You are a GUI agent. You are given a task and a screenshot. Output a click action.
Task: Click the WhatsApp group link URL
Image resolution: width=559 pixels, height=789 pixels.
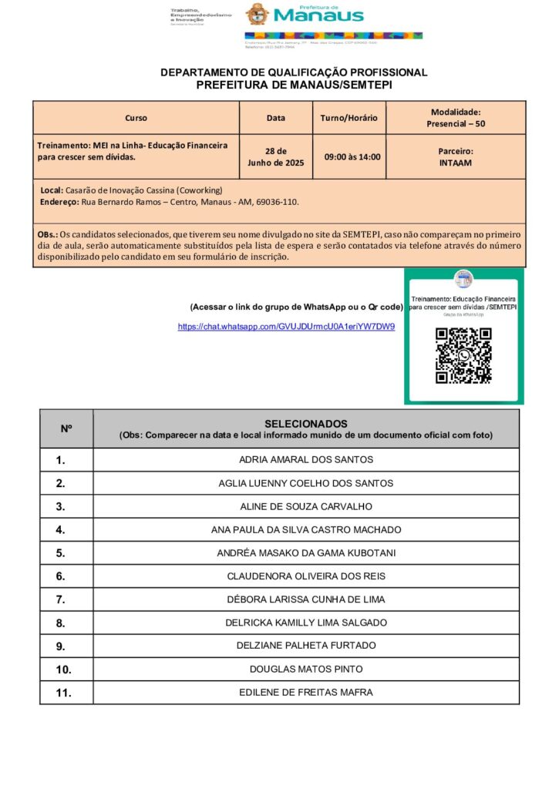[286, 327]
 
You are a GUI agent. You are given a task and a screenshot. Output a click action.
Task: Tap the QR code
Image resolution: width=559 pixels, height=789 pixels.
[463, 355]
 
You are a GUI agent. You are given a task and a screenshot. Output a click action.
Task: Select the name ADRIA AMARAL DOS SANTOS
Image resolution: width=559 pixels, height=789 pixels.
[306, 460]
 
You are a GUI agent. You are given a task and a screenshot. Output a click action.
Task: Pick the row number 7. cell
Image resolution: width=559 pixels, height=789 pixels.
[61, 599]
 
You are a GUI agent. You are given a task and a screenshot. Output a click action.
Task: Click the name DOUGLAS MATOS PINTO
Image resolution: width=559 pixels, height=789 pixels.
[306, 669]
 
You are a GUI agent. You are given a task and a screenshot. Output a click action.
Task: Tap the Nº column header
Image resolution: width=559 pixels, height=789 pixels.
[66, 428]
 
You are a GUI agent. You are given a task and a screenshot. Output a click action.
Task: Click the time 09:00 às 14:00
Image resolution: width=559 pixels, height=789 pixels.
[352, 157]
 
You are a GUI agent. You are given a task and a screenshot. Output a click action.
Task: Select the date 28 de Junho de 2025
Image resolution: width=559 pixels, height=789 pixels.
[275, 157]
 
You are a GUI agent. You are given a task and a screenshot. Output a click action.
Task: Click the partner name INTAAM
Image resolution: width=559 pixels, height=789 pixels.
[456, 163]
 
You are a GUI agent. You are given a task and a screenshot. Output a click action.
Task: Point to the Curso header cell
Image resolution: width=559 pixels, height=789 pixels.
[136, 118]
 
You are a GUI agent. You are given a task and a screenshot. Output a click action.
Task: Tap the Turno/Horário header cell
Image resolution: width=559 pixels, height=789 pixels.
[349, 118]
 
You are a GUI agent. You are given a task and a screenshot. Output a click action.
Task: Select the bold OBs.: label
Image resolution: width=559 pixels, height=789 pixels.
[47, 234]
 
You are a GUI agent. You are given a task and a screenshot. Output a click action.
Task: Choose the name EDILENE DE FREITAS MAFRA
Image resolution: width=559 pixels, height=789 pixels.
[306, 692]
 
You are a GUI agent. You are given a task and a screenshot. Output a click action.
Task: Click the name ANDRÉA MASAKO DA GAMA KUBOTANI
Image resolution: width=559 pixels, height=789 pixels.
[306, 552]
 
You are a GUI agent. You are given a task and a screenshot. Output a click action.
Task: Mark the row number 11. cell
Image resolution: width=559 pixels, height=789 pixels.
[64, 693]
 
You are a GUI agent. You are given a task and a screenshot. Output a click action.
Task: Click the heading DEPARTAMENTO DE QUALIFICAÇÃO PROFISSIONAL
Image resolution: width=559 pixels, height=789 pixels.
[294, 72]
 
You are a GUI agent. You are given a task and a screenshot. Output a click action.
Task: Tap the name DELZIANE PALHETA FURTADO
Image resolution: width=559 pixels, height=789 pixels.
[306, 646]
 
